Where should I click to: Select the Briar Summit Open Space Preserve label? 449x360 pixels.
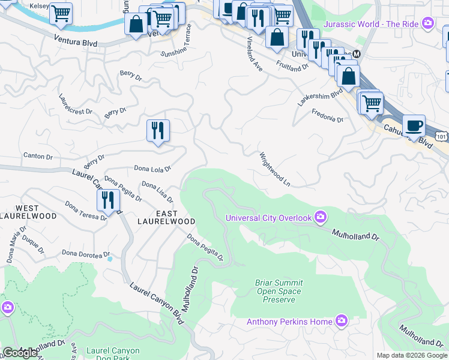[279, 291]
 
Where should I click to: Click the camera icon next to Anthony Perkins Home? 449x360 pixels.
[342, 322]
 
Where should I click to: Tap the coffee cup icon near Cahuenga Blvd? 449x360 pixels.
[414, 127]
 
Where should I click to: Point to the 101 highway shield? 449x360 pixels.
[441, 137]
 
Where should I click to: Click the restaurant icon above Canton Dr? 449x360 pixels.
[158, 130]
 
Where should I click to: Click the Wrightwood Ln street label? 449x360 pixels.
[275, 169]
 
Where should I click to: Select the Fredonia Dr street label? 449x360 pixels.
[327, 119]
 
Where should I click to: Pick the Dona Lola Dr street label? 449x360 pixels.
[152, 169]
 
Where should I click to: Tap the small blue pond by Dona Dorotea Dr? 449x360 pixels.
[109, 259]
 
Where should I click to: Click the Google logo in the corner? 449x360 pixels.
[20, 353]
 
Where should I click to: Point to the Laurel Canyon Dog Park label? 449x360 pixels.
[113, 355]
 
